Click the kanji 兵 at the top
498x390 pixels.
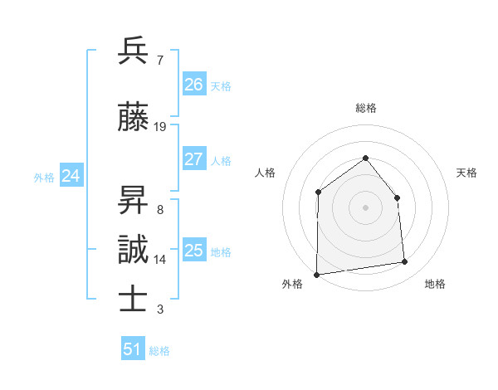point(133,51)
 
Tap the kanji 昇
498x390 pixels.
point(133,200)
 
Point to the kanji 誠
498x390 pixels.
point(133,250)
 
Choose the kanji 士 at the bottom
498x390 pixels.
point(133,300)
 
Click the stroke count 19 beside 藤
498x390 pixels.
point(160,127)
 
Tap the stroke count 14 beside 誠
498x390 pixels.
point(160,260)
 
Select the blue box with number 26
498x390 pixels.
point(193,84)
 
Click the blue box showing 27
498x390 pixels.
point(193,159)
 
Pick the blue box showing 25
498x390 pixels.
point(193,251)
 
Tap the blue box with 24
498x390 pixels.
point(71,176)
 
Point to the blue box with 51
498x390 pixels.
point(133,349)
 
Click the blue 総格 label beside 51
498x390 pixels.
point(159,351)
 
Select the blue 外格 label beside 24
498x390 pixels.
point(44,177)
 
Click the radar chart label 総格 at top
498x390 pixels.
point(365,108)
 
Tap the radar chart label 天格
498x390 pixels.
point(466,173)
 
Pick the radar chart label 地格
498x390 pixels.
point(435,284)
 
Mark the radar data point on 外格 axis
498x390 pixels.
point(316,275)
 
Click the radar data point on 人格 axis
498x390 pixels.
point(318,193)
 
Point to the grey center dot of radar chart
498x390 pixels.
point(365,207)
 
